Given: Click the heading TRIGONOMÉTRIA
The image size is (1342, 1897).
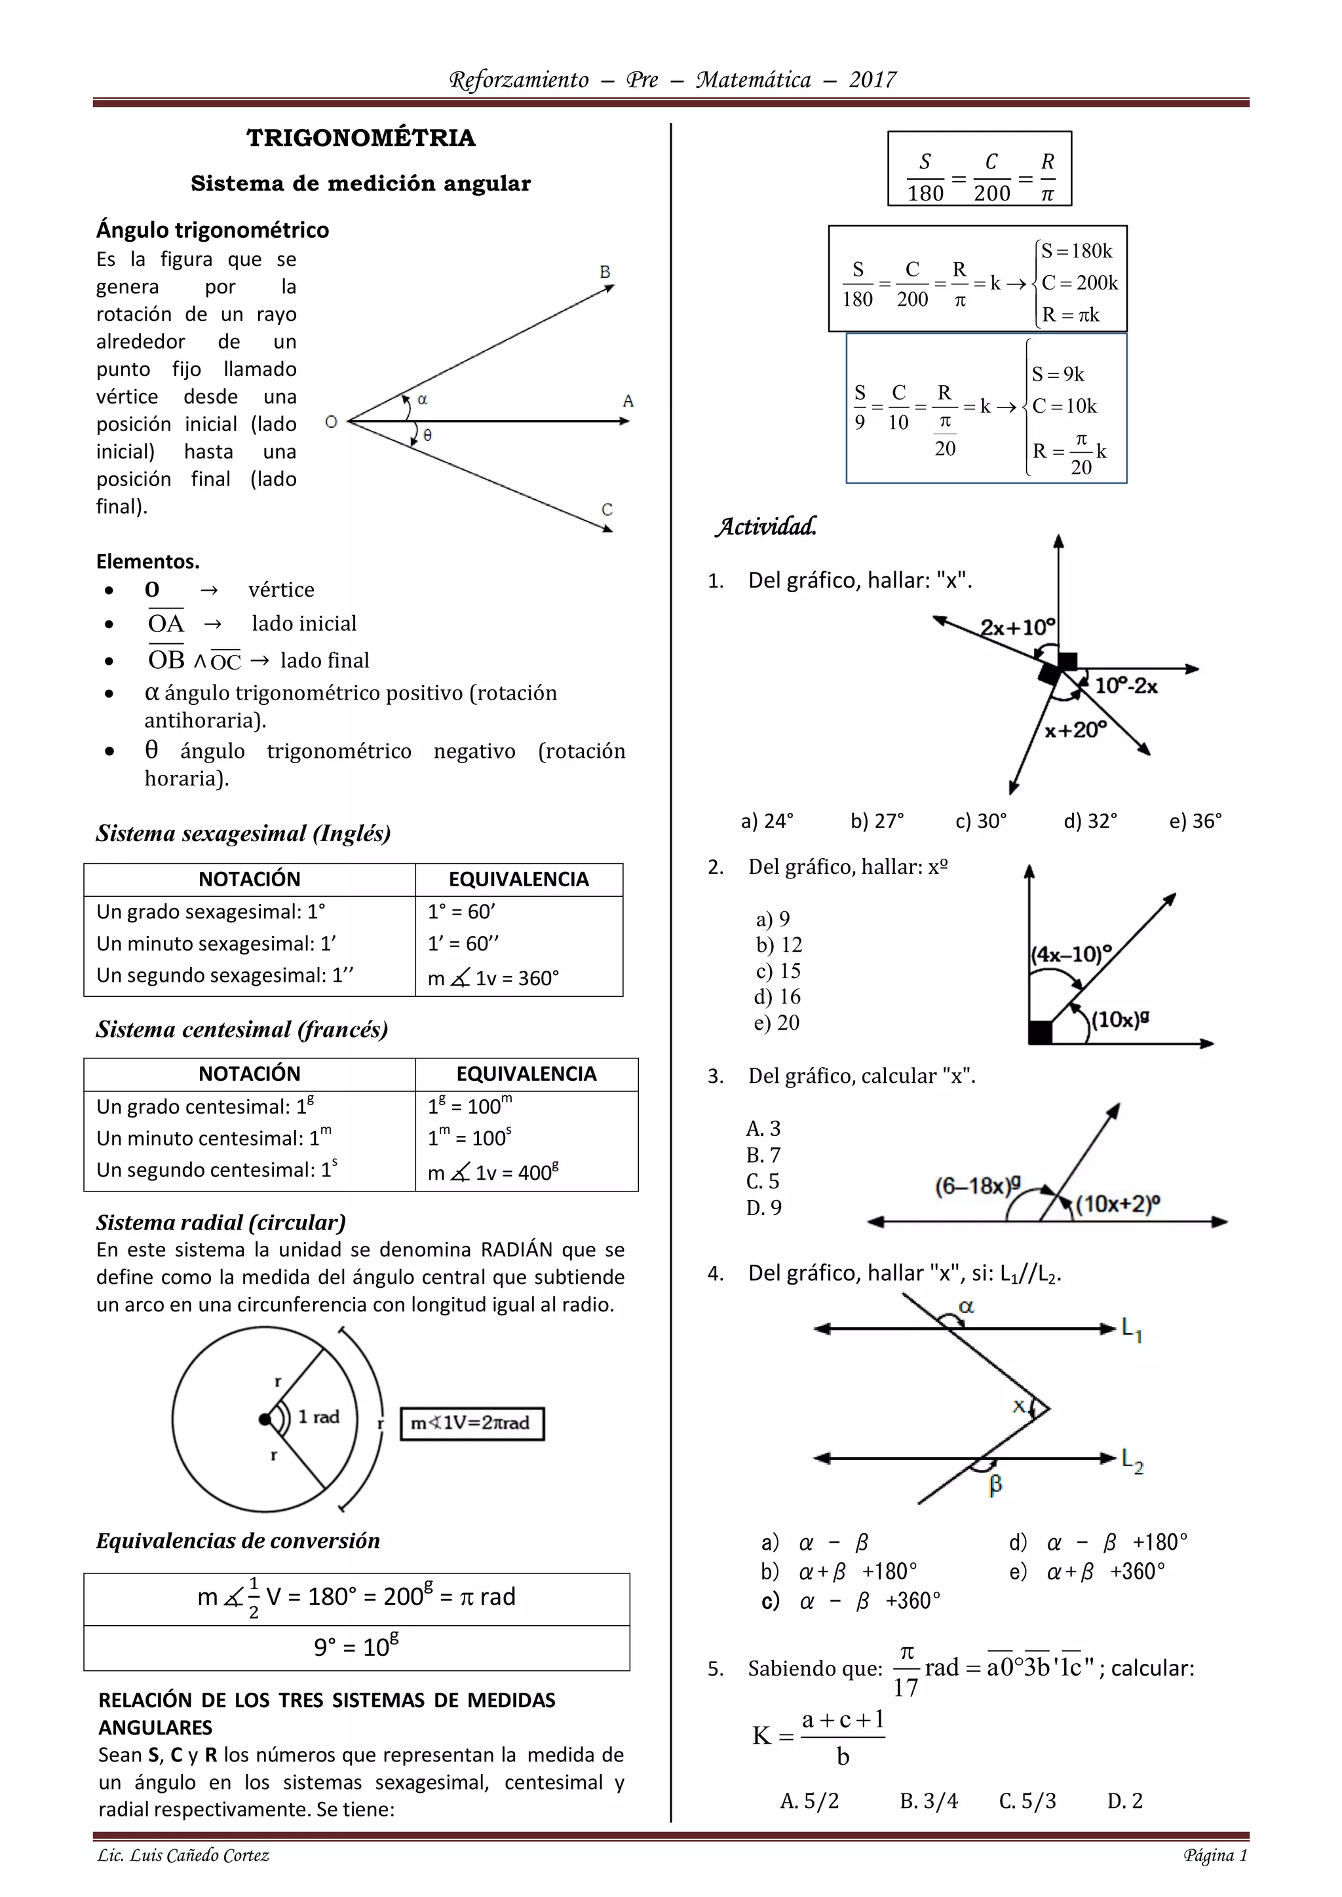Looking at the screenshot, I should point(361,138).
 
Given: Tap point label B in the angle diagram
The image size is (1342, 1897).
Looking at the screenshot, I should point(605,272).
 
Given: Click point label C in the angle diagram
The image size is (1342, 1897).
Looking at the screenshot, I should point(607,509).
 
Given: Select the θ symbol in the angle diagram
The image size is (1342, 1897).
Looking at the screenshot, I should point(427,434).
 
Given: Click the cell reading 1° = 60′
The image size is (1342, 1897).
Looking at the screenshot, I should point(461,911).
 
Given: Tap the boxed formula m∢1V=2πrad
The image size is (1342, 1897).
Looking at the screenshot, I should point(472,1423).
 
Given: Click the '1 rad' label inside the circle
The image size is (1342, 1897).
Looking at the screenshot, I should point(319,1416).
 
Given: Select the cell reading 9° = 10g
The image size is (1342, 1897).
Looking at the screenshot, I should point(356,1647).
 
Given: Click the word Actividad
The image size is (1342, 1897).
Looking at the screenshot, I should point(766,526).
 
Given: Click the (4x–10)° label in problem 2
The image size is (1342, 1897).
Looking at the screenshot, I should point(1071,954).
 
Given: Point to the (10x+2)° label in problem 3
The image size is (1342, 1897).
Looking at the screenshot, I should point(1117,1204).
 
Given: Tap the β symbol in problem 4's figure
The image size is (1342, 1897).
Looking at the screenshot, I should point(996,1485).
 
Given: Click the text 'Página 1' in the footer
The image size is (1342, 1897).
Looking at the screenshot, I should point(1215,1856).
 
